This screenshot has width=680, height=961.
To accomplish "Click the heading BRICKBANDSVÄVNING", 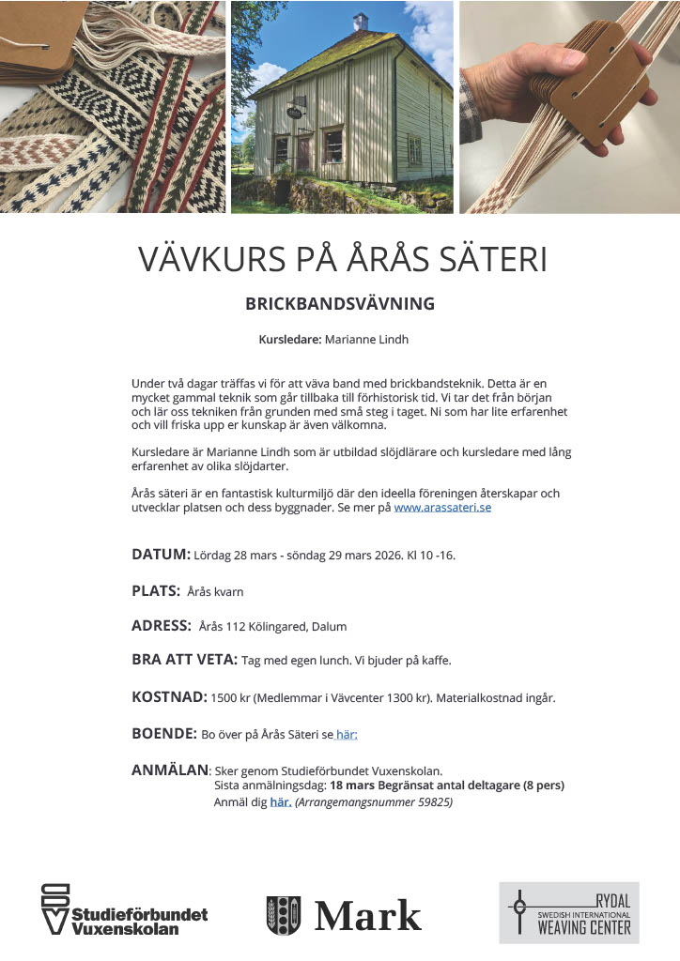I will (340, 304).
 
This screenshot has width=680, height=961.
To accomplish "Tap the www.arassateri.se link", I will (442, 508).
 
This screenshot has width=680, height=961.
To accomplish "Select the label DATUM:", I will (161, 554).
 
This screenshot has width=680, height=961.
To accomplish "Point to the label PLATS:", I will (155, 590).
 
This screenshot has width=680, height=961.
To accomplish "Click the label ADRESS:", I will (161, 626).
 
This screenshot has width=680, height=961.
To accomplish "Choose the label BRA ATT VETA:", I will (184, 660).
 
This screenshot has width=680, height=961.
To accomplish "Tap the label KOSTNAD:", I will (169, 697).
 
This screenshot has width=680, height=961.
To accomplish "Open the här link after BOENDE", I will (347, 735).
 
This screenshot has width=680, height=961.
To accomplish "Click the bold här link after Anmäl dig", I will (280, 802).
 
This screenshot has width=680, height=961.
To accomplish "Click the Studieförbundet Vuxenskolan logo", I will (123, 909).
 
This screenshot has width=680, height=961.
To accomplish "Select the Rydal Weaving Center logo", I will (568, 912).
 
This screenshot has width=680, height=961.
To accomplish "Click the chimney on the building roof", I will (360, 21).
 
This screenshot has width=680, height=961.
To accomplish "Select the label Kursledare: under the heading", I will (289, 340).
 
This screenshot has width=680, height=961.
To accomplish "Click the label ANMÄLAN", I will (169, 770).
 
